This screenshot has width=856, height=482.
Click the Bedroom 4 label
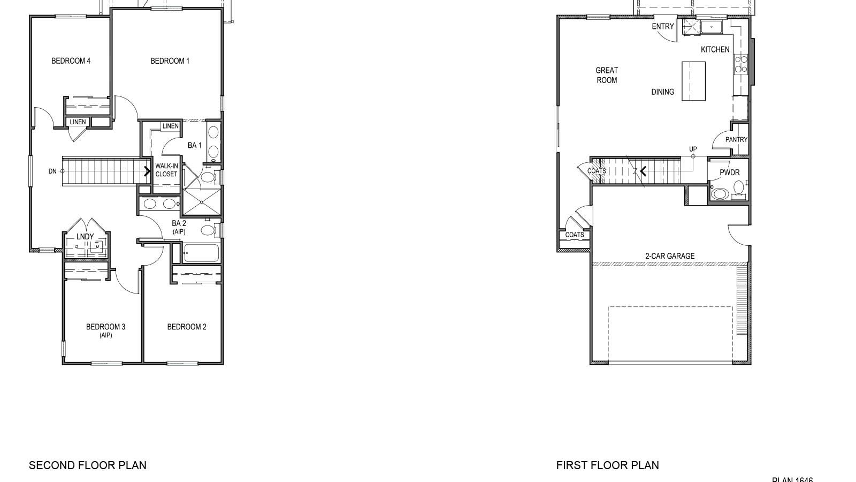coord(71,61)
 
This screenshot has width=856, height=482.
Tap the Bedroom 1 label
coord(170,61)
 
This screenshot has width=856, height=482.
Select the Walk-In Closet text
coord(166,170)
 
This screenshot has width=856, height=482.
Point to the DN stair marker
coord(52,171)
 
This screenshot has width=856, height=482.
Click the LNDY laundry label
coord(85,237)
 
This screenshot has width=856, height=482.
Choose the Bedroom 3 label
coord(105,327)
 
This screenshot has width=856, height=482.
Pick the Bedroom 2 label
coord(187,327)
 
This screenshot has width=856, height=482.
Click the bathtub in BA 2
coord(201,253)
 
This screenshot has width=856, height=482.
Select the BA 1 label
coord(195,146)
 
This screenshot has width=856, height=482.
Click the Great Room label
coord(607,75)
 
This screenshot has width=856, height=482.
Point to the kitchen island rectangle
coord(693,81)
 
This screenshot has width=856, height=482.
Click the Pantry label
coord(736,140)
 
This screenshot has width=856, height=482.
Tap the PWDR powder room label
coord(729,173)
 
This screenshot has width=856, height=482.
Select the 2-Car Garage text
coord(670,257)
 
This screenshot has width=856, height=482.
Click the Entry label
coord(663,27)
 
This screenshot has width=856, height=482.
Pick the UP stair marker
coord(693,149)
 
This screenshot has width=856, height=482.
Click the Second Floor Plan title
coord(88,465)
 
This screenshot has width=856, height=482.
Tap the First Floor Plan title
coord(607,465)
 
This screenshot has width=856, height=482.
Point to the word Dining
coord(662,92)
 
